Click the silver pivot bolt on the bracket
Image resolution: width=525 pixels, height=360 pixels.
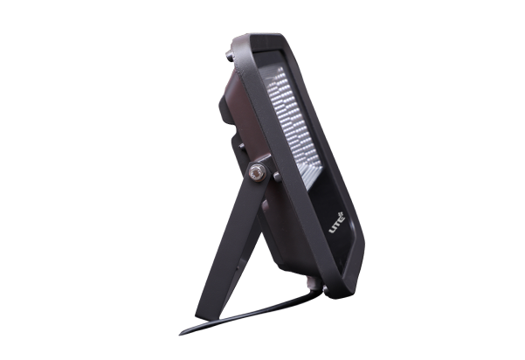[255, 173]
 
